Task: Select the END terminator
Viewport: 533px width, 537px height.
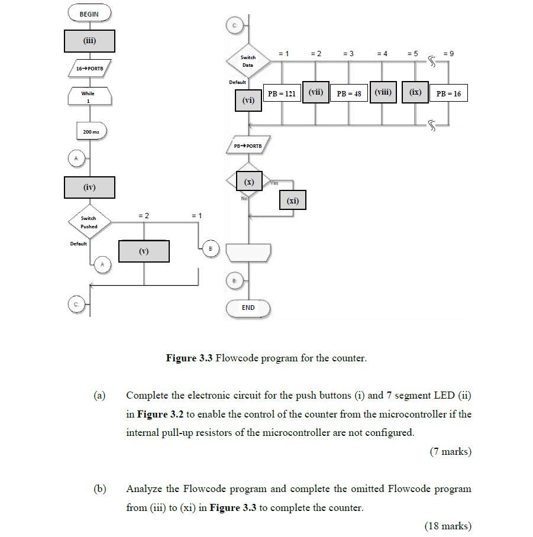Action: tap(248, 308)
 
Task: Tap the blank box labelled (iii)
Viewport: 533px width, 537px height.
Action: tap(89, 41)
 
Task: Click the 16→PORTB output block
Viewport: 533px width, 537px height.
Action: tap(89, 69)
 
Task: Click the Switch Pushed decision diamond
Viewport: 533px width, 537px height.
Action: tap(89, 222)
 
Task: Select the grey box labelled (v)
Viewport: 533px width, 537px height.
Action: tap(144, 251)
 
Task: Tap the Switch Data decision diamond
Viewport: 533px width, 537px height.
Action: tap(248, 62)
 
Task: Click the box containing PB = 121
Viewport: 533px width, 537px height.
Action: tap(282, 93)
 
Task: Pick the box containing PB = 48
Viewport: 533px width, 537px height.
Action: tap(349, 93)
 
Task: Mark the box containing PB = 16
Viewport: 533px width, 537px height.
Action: tap(448, 93)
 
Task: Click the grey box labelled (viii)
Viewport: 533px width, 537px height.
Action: tap(383, 92)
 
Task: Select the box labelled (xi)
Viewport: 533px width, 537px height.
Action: tap(293, 201)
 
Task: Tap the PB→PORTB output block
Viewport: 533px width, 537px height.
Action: tap(248, 145)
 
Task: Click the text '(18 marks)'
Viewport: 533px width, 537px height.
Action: tap(448, 526)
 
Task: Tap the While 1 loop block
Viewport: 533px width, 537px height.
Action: tap(89, 97)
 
